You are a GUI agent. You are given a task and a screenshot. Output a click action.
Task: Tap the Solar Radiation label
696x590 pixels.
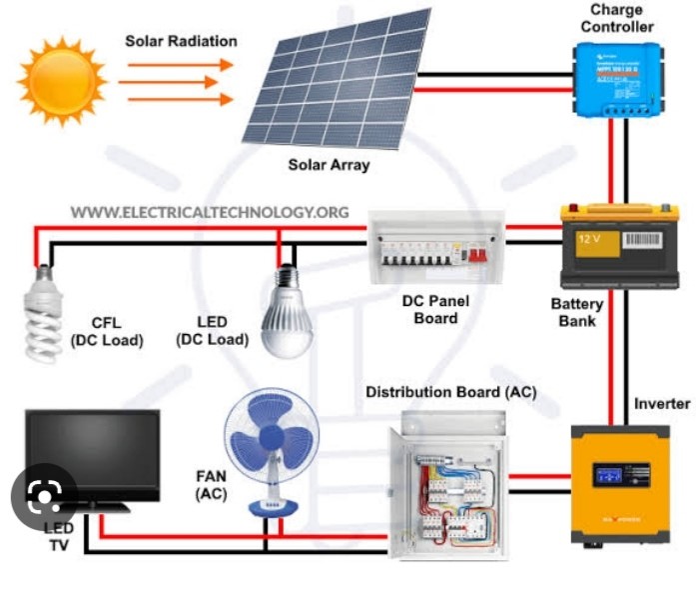pos(181,41)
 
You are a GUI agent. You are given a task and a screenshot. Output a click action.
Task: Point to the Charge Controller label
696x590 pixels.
pos(616,19)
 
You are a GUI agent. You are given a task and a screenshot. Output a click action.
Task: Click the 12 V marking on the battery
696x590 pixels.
pos(590,239)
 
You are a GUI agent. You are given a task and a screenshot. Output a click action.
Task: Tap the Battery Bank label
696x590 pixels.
pos(576,312)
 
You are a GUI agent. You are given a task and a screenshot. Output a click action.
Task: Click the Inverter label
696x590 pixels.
pos(662,403)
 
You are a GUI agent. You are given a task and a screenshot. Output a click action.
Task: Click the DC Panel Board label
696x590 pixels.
pos(435,309)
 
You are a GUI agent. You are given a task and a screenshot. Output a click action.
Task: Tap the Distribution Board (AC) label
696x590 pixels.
pos(450,391)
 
